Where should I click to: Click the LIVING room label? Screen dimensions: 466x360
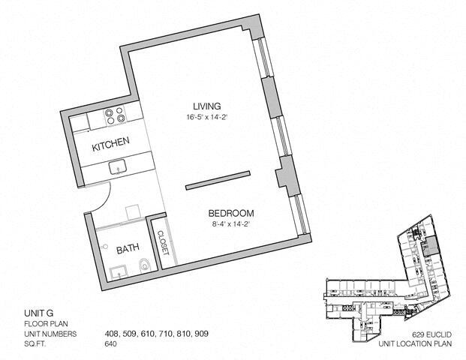(207, 106)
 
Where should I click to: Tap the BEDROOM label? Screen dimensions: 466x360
(231, 213)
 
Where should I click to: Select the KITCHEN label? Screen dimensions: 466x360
(110, 144)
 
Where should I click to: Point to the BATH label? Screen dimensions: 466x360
(128, 249)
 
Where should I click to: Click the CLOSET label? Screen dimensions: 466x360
(163, 243)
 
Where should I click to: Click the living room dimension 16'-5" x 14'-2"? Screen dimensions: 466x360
(207, 117)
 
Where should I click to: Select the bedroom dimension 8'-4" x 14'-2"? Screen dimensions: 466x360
(228, 224)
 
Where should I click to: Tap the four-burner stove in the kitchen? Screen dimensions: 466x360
(114, 115)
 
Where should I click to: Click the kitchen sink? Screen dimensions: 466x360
(118, 168)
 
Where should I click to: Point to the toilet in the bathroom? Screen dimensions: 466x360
(144, 265)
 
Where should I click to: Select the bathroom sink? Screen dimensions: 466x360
(119, 273)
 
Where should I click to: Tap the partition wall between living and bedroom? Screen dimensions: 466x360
(218, 180)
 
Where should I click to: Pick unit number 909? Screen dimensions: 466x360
(201, 334)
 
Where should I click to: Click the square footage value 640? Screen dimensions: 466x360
(110, 344)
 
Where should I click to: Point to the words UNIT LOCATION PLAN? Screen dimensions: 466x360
(415, 344)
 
